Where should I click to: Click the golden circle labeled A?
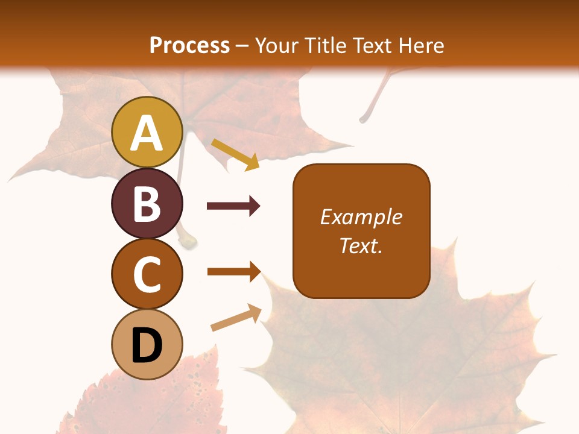147,132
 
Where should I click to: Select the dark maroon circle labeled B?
147,203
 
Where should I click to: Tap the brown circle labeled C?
147,274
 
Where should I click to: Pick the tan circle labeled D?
147,344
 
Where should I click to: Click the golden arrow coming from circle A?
235,154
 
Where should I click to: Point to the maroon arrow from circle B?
233,206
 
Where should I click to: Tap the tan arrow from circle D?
236,318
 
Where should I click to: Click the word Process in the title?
189,45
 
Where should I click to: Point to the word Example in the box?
361,217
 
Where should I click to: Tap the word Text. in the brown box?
361,245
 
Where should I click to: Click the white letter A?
147,134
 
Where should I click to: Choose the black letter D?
147,346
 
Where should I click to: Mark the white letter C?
147,275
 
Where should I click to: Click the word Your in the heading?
279,45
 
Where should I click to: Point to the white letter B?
147,204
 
